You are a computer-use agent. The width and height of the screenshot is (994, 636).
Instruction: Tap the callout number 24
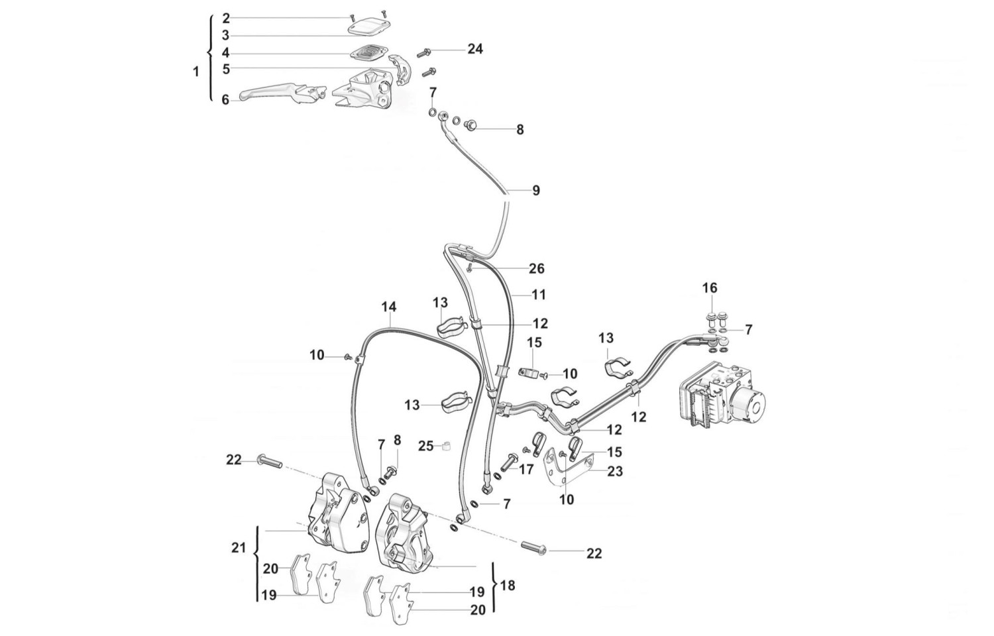475,49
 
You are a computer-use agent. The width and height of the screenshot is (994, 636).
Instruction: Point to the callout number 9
536,191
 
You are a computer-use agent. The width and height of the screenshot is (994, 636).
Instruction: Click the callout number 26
537,268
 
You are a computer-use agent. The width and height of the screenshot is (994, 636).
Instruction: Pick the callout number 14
389,307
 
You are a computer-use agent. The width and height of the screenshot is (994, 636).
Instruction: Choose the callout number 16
710,288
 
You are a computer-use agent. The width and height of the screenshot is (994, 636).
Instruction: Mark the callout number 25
425,446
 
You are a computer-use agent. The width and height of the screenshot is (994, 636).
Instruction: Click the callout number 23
615,471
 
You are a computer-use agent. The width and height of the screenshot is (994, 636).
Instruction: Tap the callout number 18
508,586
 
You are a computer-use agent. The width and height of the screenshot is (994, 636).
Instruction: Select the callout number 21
239,548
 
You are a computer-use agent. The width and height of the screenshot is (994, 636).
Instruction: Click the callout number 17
526,470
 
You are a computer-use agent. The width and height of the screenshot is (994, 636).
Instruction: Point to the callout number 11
537,294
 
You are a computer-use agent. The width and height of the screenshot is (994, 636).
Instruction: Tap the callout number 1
195,72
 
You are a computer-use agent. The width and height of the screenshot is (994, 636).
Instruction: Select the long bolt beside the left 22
268,461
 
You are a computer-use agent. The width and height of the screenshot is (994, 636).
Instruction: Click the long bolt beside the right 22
533,548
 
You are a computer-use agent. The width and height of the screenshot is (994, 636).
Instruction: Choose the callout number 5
226,68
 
